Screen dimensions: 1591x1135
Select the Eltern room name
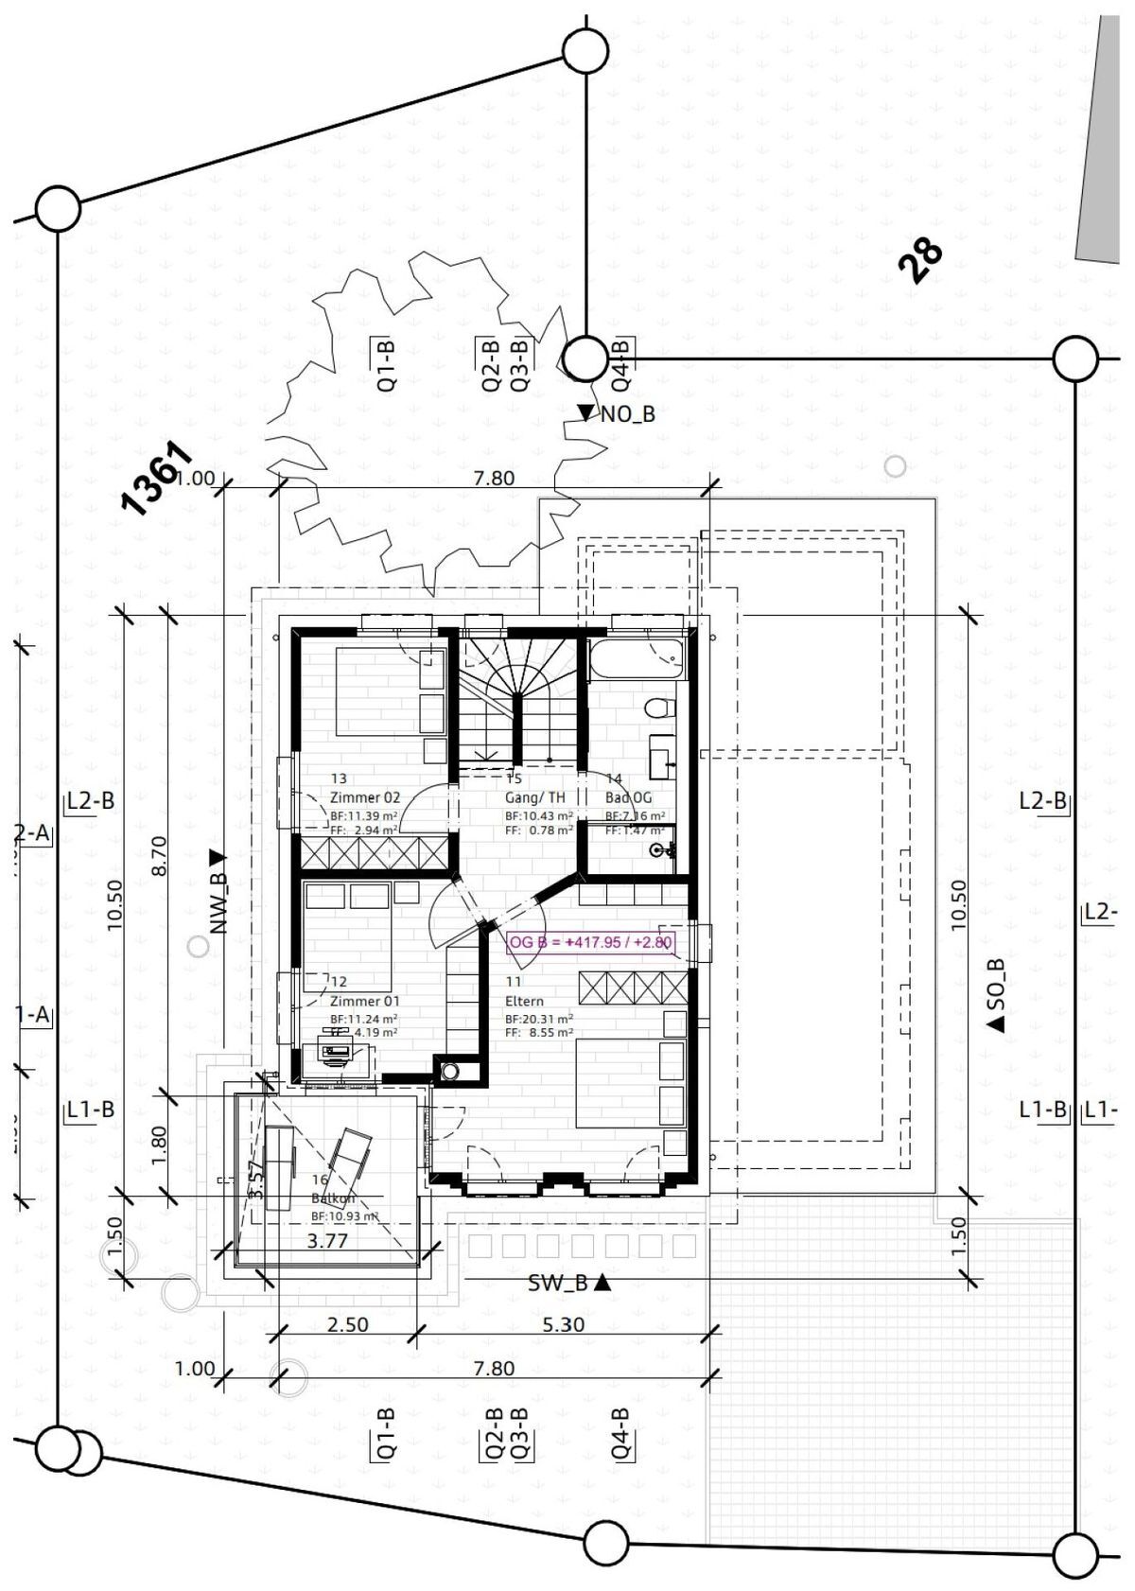pyautogui.click(x=525, y=1001)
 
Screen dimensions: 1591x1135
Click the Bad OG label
pyautogui.click(x=628, y=797)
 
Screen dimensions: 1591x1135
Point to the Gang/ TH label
pyautogui.click(x=534, y=797)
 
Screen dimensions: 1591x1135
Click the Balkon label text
pyautogui.click(x=332, y=1198)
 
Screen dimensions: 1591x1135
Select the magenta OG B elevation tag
pyautogui.click(x=590, y=942)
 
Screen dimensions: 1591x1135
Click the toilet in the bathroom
pyautogui.click(x=659, y=708)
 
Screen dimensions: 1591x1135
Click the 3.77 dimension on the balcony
pyautogui.click(x=328, y=1241)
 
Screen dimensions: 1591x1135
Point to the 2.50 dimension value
pyautogui.click(x=347, y=1324)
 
